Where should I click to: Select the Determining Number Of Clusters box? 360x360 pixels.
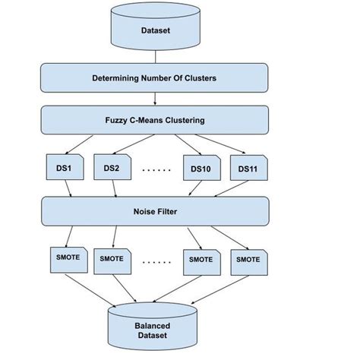[x=155, y=77]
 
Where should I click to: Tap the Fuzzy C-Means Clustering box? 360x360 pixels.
[x=155, y=119]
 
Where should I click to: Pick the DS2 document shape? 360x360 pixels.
[x=112, y=168]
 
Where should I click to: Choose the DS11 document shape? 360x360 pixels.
[x=248, y=168]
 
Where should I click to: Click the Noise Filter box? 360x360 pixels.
[x=155, y=210]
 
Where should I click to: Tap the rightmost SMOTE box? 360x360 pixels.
[x=248, y=259]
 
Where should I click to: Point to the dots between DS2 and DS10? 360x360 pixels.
[x=156, y=170]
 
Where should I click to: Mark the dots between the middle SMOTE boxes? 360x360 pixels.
[x=156, y=261]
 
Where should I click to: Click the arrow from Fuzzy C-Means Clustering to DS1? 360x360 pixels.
[x=82, y=144]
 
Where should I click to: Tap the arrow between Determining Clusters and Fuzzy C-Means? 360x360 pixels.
[x=155, y=99]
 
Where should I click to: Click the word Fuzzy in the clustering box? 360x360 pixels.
[x=118, y=120]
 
